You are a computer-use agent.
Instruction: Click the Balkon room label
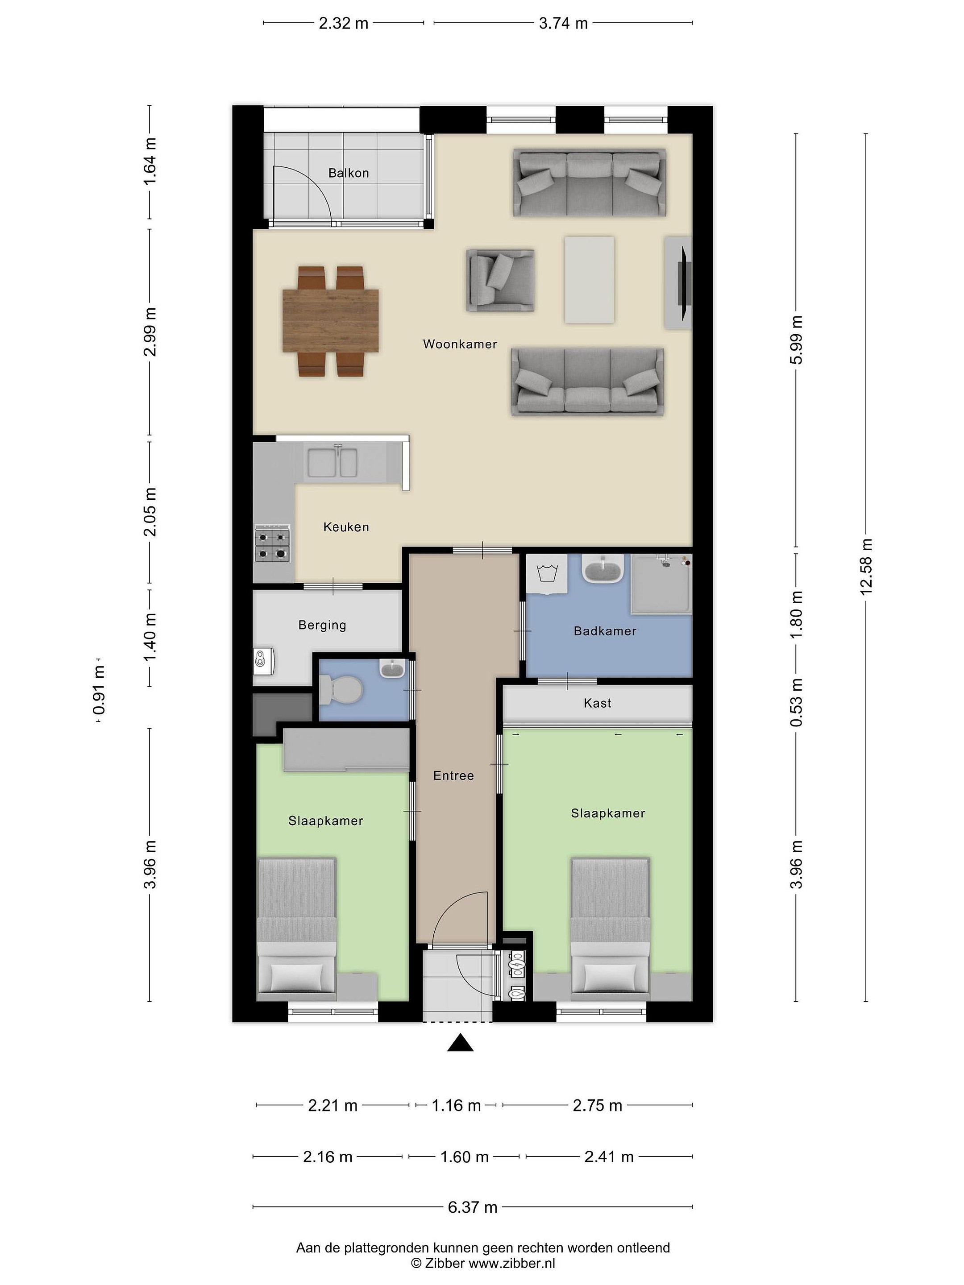(348, 173)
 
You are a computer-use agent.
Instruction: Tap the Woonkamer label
(460, 344)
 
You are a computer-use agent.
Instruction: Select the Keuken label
(346, 527)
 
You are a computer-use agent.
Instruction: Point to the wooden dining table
(331, 321)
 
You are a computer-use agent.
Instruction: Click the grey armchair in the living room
(500, 281)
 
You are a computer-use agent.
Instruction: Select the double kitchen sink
(332, 462)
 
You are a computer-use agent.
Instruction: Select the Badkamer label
(605, 631)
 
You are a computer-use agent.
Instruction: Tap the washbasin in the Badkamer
(602, 569)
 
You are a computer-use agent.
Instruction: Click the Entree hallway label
(453, 775)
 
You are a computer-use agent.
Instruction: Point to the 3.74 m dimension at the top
(563, 24)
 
